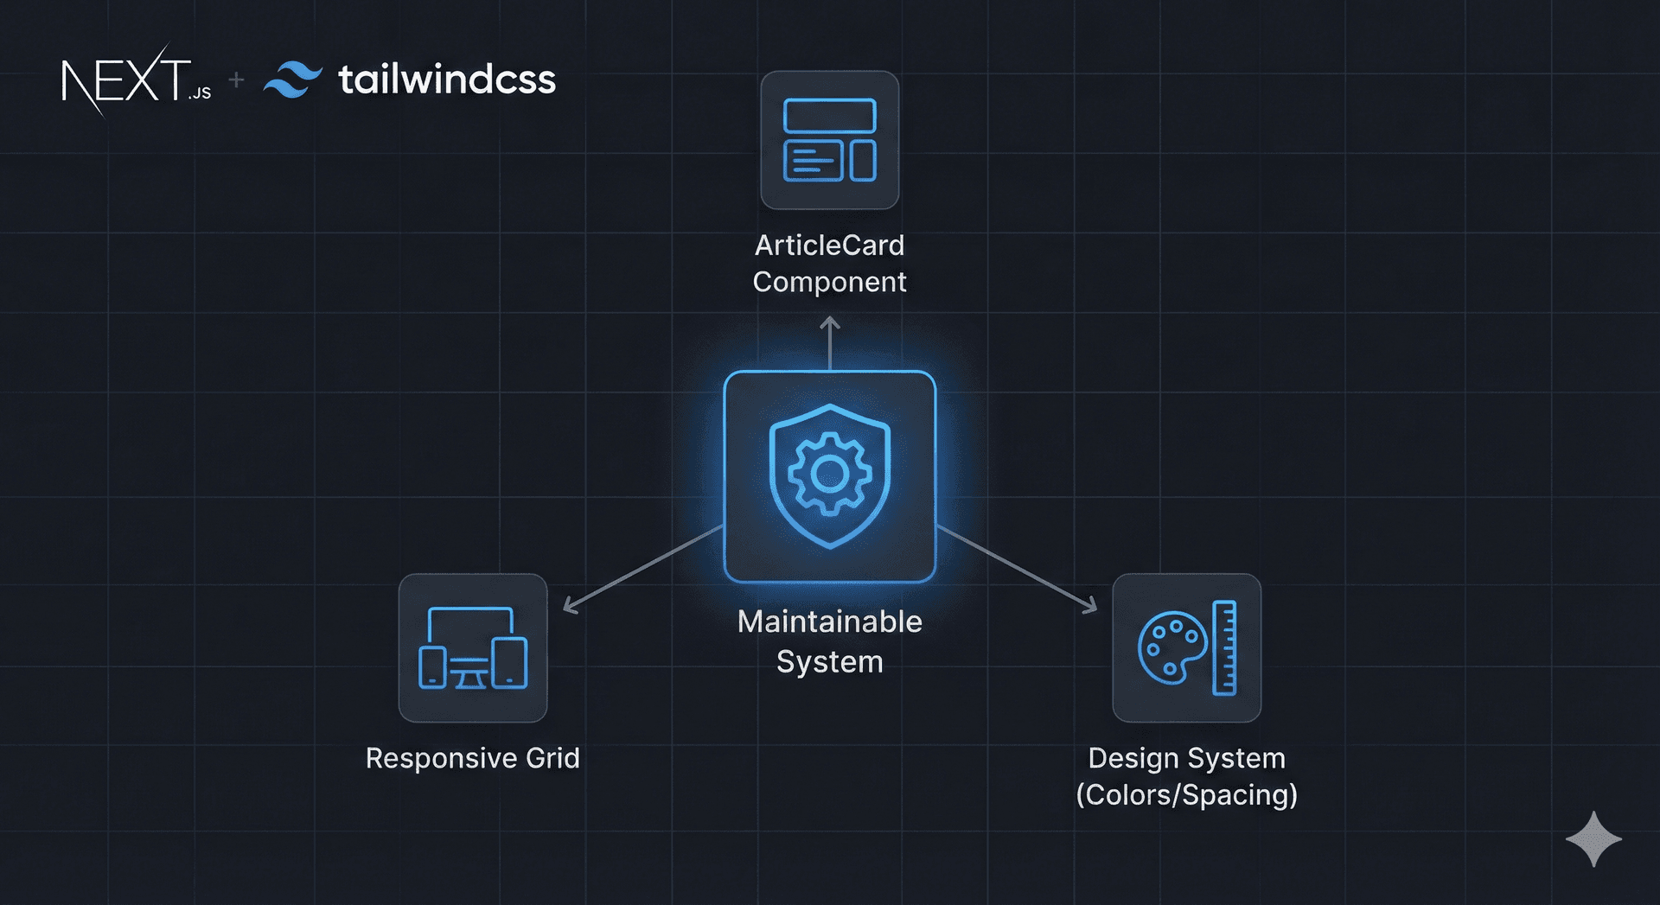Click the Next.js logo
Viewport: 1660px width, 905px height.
tap(135, 80)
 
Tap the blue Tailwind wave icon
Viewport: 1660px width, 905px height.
tap(293, 80)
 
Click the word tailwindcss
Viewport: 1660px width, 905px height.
tap(446, 80)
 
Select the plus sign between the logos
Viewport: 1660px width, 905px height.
tap(236, 80)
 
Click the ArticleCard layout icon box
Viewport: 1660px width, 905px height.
tap(829, 140)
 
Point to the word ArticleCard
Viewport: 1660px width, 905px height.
tap(829, 245)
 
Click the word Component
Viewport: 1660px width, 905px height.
tap(829, 282)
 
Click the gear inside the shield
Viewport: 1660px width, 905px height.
tap(830, 473)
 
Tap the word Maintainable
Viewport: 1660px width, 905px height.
tap(829, 621)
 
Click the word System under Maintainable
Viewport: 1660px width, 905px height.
tap(829, 662)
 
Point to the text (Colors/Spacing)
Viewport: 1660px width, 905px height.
tap(1186, 795)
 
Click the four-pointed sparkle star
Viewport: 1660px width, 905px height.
tap(1593, 838)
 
